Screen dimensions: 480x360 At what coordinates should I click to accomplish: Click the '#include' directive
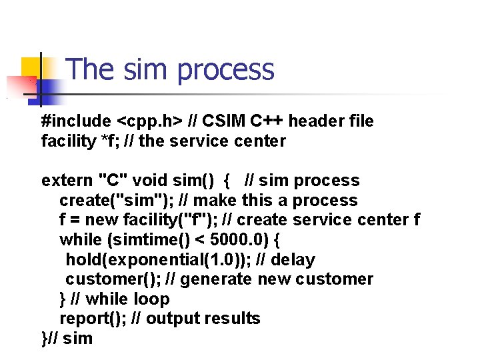coord(76,121)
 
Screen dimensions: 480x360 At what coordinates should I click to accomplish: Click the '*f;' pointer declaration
coord(105,141)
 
